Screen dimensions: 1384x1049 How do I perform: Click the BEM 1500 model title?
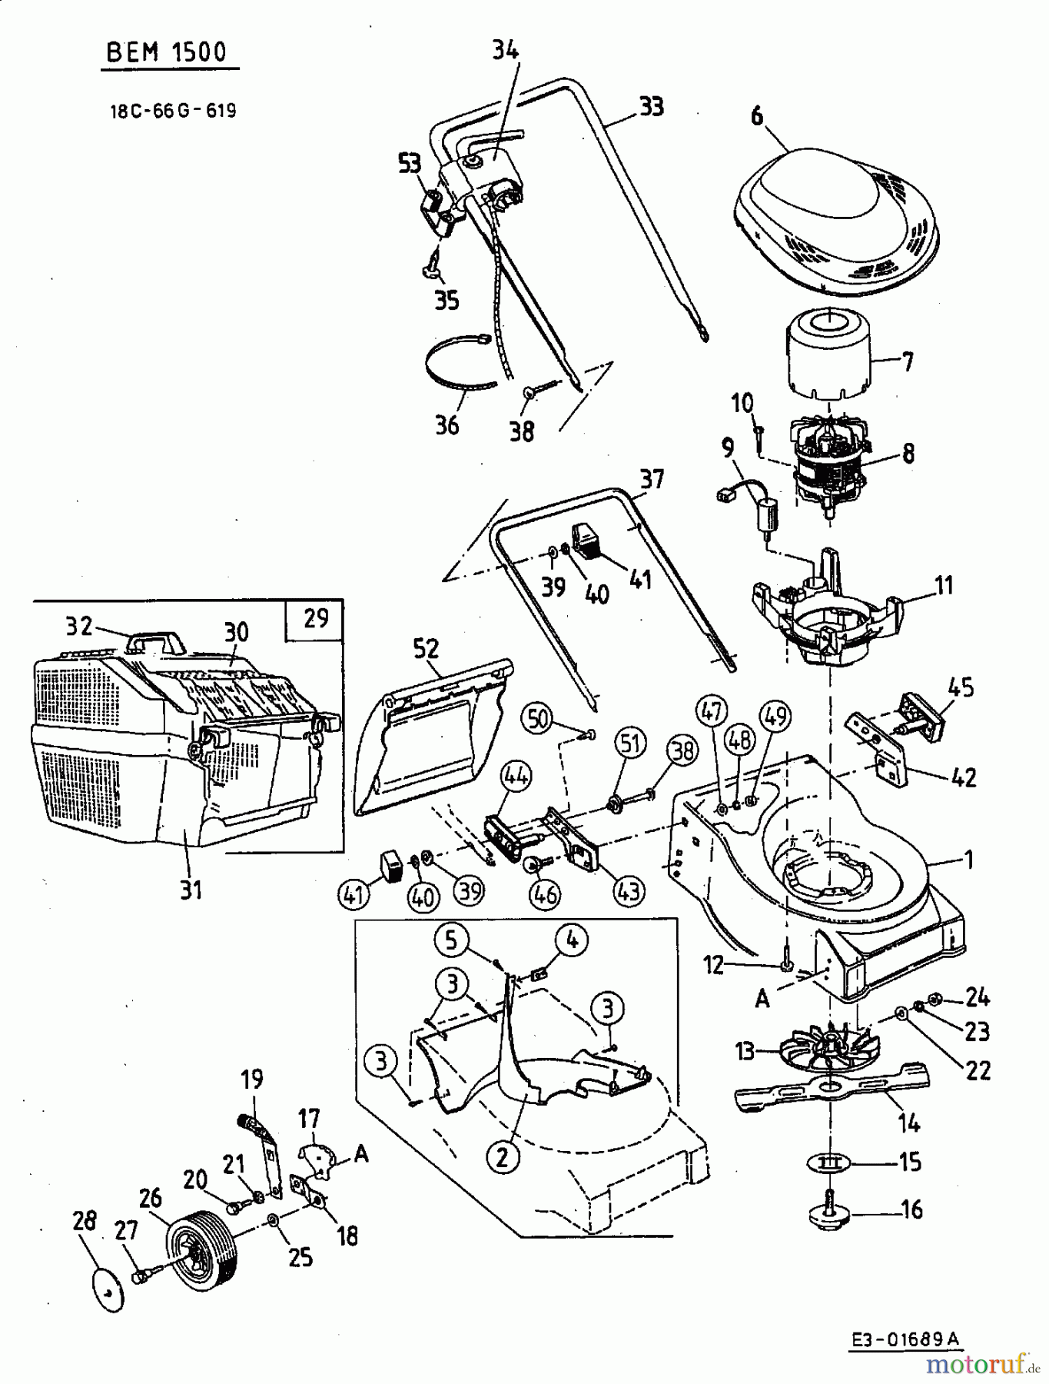[167, 52]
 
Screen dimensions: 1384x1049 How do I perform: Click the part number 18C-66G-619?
[173, 111]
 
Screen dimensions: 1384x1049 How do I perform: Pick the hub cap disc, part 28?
[108, 1293]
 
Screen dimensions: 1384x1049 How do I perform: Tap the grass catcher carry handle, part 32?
[158, 640]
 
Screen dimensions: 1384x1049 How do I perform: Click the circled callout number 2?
[503, 1157]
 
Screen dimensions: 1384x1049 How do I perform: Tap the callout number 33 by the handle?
[651, 106]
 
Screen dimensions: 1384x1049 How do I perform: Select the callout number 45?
[961, 686]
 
